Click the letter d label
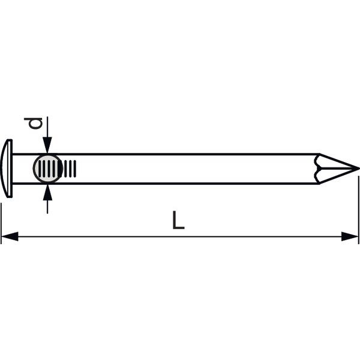coord(33,123)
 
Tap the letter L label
coord(178,220)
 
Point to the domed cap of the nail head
coord(4,168)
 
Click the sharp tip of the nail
coord(359,169)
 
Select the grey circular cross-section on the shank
coord(48,169)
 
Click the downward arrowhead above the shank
coord(47,145)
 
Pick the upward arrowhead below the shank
coord(47,192)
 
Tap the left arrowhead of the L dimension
coord(10,236)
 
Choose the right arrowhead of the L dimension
coord(350,236)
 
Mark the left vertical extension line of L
coord(1,223)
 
